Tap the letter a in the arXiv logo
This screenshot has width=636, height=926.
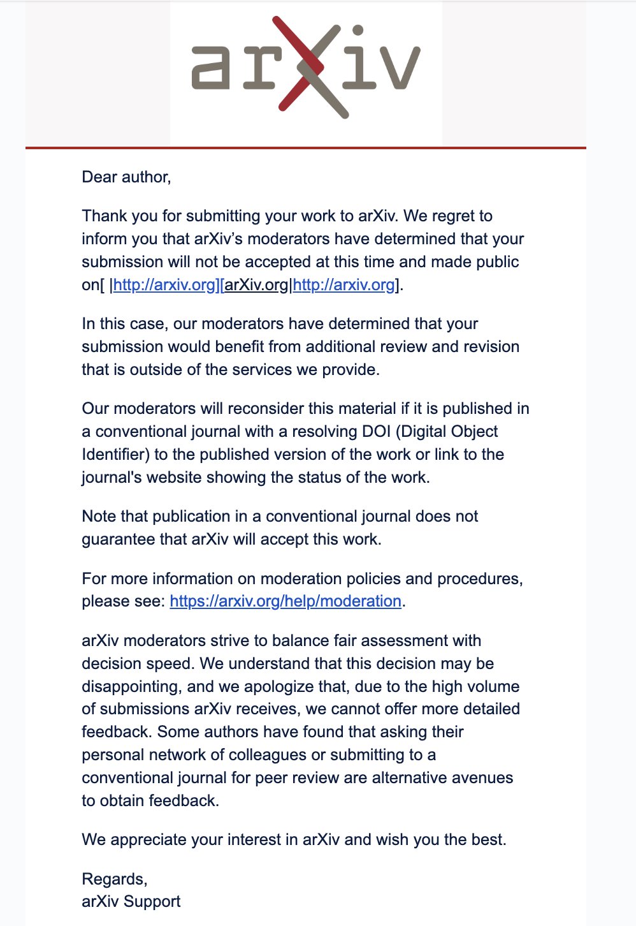(211, 67)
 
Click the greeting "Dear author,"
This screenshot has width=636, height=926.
(126, 177)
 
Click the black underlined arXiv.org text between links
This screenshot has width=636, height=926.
(256, 284)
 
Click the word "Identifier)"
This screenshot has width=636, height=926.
(115, 454)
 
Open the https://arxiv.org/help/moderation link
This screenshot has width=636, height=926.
(285, 601)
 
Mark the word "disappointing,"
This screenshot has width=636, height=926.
(132, 686)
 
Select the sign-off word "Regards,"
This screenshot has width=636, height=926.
(115, 879)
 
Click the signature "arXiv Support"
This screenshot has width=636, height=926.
(131, 901)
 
